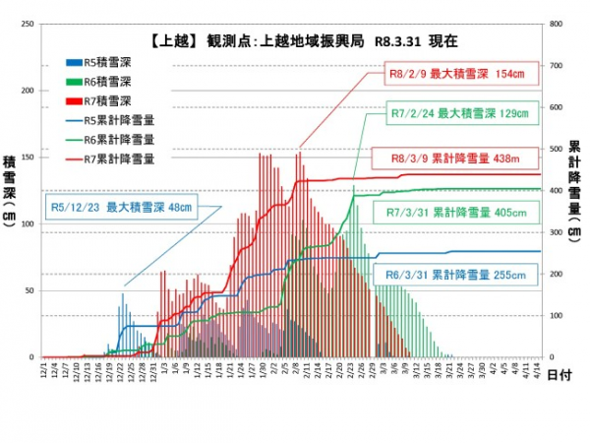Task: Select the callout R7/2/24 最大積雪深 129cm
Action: click(458, 114)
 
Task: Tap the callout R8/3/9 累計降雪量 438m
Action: click(458, 158)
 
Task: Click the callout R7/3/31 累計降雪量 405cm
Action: click(458, 213)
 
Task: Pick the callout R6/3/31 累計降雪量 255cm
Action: click(458, 277)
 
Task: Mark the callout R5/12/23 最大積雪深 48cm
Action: click(122, 208)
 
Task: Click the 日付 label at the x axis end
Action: click(556, 375)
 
